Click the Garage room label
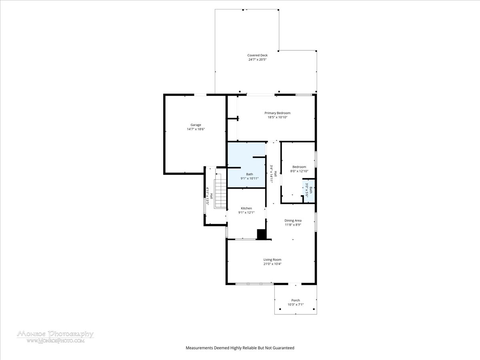(x=196, y=125)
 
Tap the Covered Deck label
(x=257, y=55)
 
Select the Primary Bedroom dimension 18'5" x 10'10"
(x=278, y=117)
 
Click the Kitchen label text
(x=246, y=208)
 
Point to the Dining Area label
(x=293, y=220)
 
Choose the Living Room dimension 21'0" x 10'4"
(x=272, y=264)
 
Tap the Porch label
(x=296, y=300)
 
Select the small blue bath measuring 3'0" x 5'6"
(x=308, y=190)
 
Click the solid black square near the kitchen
(x=262, y=234)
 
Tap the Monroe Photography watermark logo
(x=56, y=337)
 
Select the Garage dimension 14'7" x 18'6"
(x=196, y=129)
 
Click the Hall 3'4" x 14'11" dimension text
(x=271, y=174)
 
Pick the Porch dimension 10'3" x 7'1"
(x=296, y=304)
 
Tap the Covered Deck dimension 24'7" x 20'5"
(x=257, y=60)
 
